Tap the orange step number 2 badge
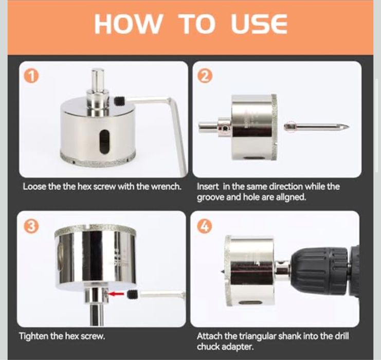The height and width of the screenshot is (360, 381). point(206,77)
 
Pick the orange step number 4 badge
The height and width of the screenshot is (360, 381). point(205,227)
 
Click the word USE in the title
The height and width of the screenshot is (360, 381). point(259,24)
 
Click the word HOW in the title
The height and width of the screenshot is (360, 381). point(128,24)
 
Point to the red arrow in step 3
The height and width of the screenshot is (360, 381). point(116,294)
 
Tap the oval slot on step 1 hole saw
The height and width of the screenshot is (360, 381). point(104,142)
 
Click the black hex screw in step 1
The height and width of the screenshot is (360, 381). point(119,101)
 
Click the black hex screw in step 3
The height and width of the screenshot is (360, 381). point(133,295)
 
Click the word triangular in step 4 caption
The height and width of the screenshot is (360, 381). point(258,336)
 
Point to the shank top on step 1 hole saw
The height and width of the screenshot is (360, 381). point(98,71)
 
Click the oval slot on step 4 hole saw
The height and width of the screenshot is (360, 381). point(251,303)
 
